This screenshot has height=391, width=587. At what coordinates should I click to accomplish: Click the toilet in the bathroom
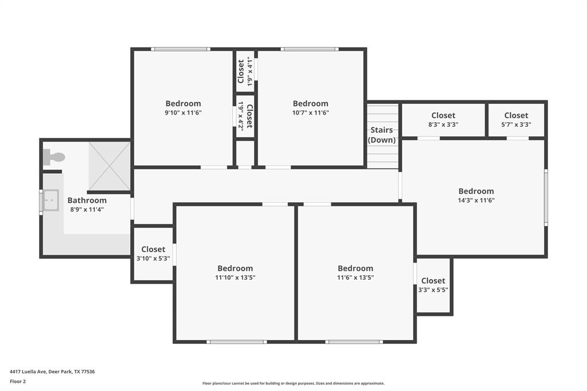[54, 157]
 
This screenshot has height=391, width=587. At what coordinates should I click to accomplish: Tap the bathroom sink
[51, 200]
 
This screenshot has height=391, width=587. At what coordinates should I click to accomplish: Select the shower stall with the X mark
[109, 166]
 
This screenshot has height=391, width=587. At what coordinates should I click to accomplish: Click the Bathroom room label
[87, 200]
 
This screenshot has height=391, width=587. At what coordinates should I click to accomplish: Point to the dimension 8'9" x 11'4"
[87, 210]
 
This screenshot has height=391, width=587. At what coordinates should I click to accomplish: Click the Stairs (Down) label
[381, 135]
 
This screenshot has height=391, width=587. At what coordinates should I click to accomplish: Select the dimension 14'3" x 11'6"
[476, 200]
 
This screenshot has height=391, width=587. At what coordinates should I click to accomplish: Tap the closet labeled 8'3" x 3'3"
[443, 120]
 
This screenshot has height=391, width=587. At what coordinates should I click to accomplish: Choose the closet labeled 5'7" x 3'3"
[516, 120]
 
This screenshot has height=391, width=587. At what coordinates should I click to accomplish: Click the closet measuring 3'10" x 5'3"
[153, 253]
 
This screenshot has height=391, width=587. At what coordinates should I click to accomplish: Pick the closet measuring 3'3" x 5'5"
[433, 284]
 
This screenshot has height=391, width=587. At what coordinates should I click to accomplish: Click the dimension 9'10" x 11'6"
[183, 113]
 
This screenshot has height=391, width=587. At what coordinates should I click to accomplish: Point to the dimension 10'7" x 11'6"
[311, 113]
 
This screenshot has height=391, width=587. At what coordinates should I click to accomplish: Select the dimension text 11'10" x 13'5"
[235, 277]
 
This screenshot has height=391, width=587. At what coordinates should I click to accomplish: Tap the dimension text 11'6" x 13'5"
[355, 277]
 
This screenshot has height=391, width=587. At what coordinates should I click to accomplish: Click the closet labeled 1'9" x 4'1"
[245, 71]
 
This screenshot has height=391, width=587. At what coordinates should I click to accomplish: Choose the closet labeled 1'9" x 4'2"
[245, 116]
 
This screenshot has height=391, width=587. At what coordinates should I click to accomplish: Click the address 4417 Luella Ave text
[28, 372]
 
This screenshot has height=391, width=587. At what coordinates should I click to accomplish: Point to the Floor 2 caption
[18, 382]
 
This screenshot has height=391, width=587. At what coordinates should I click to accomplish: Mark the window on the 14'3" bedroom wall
[546, 197]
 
